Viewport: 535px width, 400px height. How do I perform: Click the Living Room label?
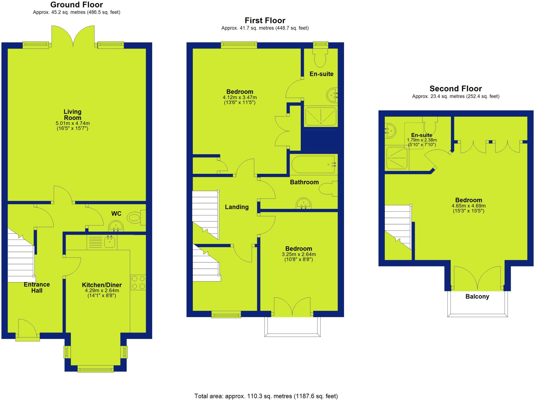tap(73, 115)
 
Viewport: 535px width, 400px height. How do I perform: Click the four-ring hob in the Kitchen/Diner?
tap(138, 282)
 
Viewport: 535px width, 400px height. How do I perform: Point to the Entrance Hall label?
tap(37, 287)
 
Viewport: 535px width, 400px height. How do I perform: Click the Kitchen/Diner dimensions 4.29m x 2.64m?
tap(102, 290)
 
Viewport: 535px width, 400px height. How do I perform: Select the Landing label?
tap(237, 207)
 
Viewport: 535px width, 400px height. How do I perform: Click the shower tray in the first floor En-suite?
tap(321, 116)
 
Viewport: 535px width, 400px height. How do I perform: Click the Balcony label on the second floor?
tap(477, 296)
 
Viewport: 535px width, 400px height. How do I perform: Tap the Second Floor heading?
tap(456, 89)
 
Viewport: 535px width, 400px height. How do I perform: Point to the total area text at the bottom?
tap(266, 396)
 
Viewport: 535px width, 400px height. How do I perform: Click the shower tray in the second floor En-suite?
tap(397, 158)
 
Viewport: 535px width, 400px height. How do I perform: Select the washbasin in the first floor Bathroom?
tap(304, 203)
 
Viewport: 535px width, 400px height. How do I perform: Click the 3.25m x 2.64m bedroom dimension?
tap(299, 254)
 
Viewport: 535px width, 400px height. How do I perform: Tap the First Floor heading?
tap(265, 20)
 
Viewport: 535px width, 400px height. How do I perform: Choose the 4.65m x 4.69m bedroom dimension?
tap(468, 206)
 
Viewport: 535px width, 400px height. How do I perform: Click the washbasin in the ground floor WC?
tap(116, 226)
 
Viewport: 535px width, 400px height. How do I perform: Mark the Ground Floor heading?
tap(77, 5)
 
